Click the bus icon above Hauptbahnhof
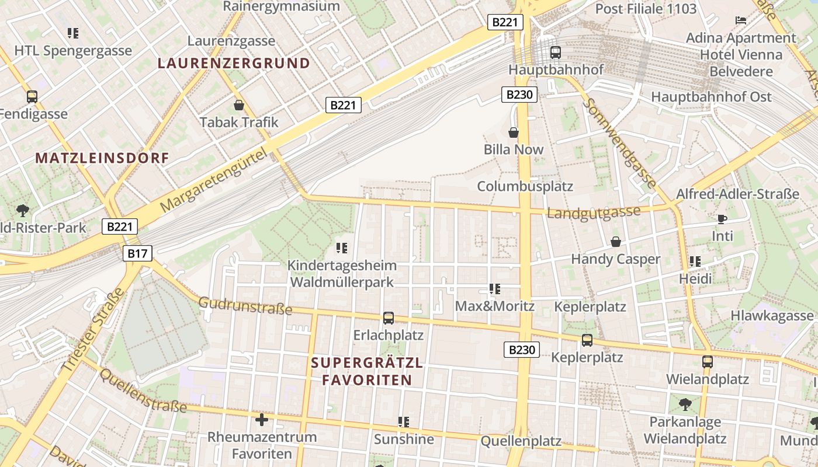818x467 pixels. coord(555,53)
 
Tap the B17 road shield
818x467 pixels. coord(138,253)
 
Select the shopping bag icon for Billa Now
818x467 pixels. coord(514,133)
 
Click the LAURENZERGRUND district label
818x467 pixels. coord(234,63)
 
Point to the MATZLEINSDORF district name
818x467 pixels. coord(102,158)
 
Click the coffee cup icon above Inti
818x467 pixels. coord(722,219)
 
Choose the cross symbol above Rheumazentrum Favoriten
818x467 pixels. coord(262,419)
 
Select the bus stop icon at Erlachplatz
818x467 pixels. coord(389,318)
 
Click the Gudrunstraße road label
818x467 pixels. coord(245,305)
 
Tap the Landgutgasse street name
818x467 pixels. coord(593,212)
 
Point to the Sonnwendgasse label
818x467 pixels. coord(619,143)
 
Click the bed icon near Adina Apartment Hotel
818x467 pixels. coord(741,20)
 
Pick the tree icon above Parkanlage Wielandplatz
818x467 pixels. coord(685,404)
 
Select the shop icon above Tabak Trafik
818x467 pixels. coord(239,105)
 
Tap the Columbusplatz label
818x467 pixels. coord(525,186)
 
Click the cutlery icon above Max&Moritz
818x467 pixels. coord(495,288)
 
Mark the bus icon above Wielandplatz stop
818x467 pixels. coord(708,361)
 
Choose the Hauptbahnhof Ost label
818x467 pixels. coord(711,97)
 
